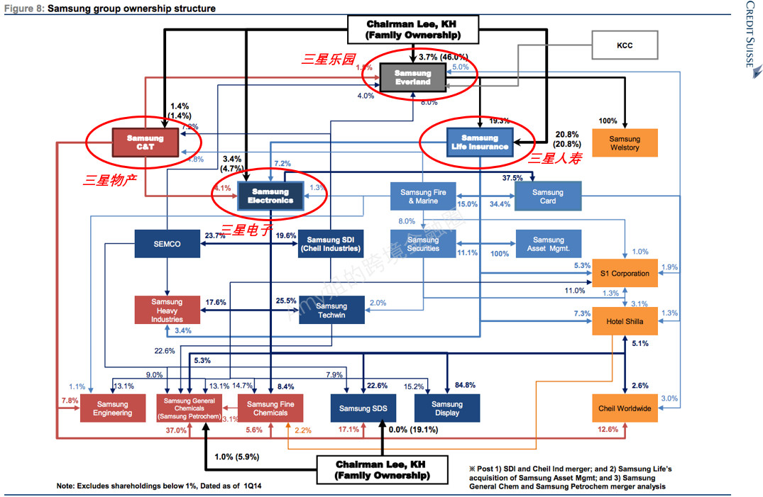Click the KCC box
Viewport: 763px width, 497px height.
click(x=624, y=45)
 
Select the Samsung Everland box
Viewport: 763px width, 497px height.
click(x=412, y=77)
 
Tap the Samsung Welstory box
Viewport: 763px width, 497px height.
click(x=624, y=143)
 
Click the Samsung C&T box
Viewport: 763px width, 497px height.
click(x=145, y=143)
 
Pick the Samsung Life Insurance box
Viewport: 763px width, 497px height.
click(x=479, y=142)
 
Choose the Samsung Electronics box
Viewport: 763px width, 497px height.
click(x=270, y=196)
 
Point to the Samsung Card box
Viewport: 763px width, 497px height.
click(x=547, y=196)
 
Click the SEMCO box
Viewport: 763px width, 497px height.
click(x=167, y=244)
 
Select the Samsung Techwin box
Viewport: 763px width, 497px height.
click(x=331, y=311)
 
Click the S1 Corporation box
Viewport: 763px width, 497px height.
click(x=624, y=273)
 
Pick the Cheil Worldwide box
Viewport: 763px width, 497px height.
click(x=624, y=408)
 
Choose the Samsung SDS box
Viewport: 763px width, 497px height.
click(x=363, y=408)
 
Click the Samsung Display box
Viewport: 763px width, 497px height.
click(x=447, y=408)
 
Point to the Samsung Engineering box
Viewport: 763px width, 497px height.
click(x=112, y=408)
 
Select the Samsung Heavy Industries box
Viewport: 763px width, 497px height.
click(x=167, y=311)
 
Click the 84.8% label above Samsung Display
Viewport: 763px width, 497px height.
click(x=466, y=385)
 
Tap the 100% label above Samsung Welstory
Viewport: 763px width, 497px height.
click(x=608, y=121)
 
